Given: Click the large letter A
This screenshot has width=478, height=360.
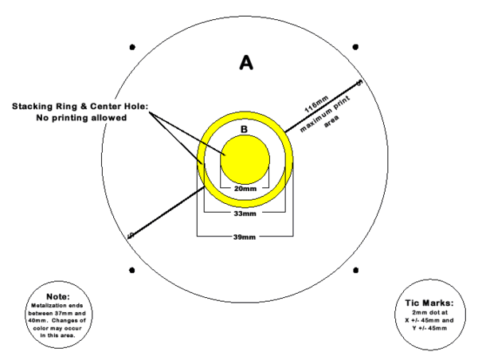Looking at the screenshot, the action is (246, 62).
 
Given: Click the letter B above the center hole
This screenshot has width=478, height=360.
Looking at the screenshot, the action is (244, 129).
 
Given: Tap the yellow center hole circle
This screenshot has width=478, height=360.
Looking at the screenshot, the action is (245, 160).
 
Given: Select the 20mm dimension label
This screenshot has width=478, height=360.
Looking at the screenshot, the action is (245, 189).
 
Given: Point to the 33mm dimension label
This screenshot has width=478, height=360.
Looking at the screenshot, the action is (245, 213).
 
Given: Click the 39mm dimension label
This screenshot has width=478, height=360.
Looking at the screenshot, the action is (245, 237).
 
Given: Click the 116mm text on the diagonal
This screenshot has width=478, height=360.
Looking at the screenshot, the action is (317, 104).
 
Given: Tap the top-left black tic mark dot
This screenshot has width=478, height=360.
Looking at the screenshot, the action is (132, 47).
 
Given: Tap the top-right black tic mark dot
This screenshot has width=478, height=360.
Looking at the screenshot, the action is (355, 47).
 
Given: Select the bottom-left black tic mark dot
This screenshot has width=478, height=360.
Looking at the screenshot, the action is (132, 270).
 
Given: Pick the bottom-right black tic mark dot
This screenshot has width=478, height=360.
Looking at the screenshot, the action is (355, 270).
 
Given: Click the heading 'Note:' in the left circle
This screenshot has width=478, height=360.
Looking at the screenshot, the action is (58, 296).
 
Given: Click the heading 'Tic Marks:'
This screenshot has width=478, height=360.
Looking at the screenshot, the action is (429, 303).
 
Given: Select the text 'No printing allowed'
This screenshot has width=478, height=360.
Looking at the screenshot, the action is (81, 118).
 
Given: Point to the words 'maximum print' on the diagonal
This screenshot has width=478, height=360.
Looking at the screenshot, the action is (325, 114).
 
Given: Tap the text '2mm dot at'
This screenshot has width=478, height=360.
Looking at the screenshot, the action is (430, 312).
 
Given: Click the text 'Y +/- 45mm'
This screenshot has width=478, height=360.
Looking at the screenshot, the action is (429, 328).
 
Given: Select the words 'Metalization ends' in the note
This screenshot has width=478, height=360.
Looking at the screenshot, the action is (57, 305).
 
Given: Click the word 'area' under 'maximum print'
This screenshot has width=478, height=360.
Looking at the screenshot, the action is (331, 121).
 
